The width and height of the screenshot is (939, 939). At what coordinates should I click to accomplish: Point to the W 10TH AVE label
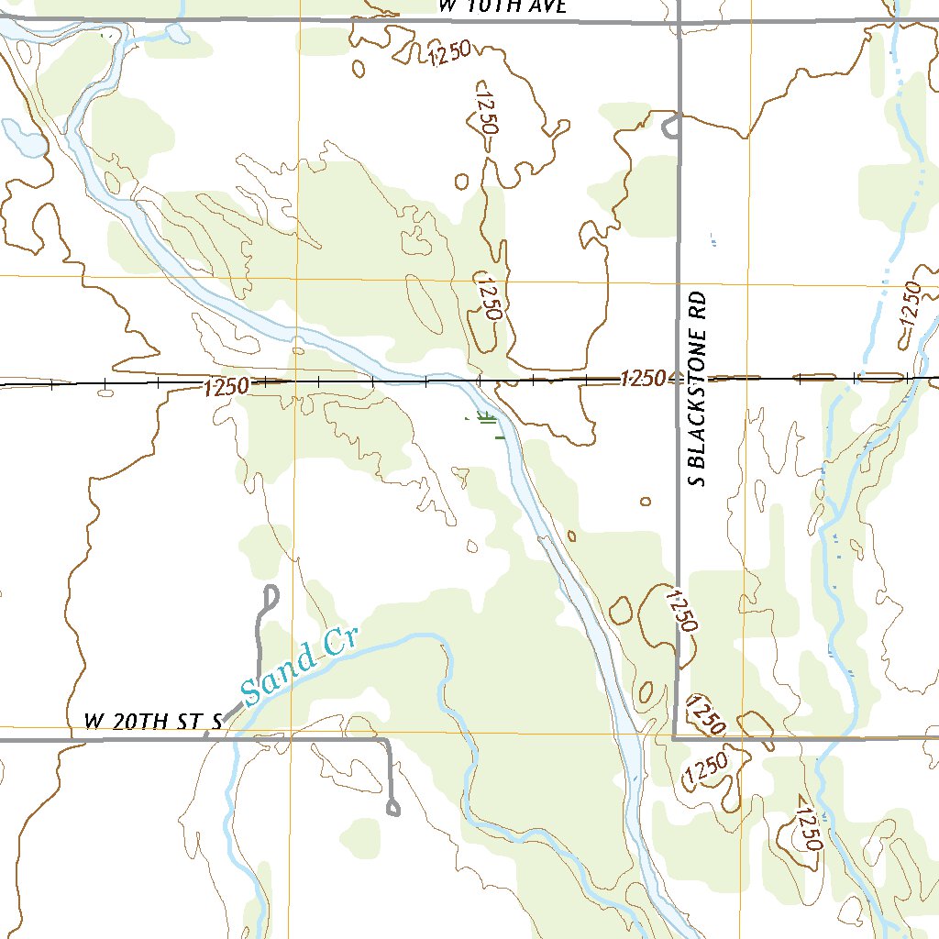(503, 6)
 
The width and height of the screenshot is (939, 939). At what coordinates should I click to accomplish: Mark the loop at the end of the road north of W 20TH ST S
(270, 596)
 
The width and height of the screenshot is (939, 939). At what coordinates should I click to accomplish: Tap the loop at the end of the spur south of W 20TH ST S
(394, 808)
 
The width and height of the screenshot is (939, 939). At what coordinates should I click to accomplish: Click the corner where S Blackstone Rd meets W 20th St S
(675, 736)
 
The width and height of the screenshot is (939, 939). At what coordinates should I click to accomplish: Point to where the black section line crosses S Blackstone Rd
(679, 377)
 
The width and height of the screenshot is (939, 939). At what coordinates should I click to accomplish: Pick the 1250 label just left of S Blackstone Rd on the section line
(647, 378)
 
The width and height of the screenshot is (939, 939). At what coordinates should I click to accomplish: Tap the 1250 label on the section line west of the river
(226, 387)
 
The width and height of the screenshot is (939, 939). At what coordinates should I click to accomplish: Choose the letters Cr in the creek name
(340, 642)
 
